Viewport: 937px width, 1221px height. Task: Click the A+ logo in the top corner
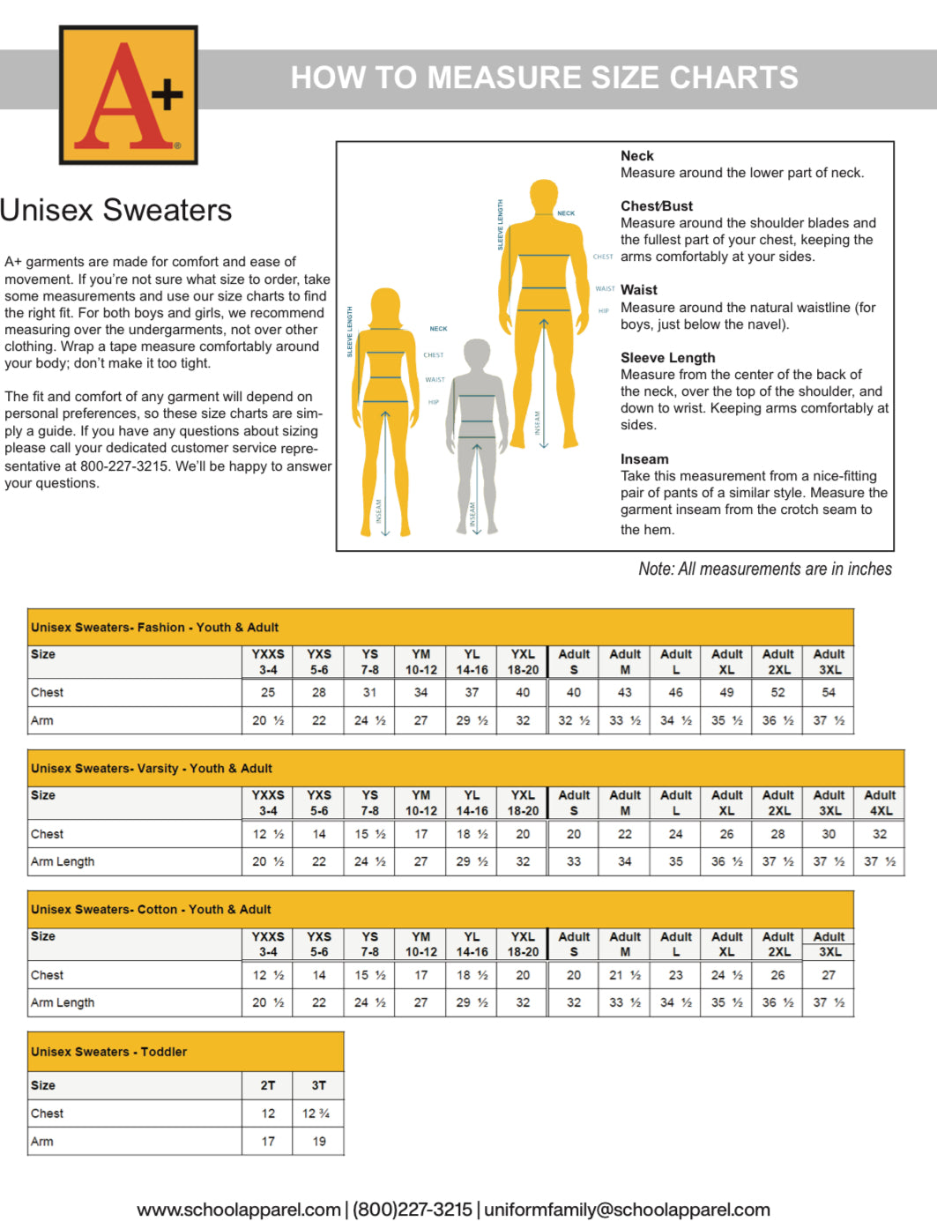(x=128, y=94)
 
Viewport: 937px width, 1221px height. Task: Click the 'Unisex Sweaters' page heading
(x=115, y=211)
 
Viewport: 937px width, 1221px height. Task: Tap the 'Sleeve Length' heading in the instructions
(x=667, y=358)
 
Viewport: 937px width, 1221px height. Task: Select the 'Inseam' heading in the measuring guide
(x=644, y=459)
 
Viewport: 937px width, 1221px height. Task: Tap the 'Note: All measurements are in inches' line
(x=764, y=570)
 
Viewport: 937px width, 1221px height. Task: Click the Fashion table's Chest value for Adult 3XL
(x=829, y=693)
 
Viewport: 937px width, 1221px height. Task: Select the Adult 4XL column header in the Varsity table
(x=880, y=802)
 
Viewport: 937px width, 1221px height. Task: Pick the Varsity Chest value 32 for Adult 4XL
(x=880, y=834)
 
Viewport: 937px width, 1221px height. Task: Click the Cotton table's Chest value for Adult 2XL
(x=777, y=975)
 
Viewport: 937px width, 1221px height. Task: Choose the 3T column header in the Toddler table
(x=318, y=1085)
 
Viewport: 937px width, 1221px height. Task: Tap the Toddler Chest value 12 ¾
(x=316, y=1113)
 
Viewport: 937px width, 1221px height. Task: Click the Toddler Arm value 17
(x=268, y=1142)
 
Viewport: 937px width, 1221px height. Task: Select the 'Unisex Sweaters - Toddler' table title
(x=109, y=1052)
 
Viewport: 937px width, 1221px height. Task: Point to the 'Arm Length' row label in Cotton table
(x=63, y=1002)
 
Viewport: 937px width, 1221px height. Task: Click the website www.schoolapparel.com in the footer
(x=239, y=1210)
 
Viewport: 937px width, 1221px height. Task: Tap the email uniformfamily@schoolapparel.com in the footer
(x=627, y=1210)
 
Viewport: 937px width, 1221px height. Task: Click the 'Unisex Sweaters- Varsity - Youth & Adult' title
(x=152, y=769)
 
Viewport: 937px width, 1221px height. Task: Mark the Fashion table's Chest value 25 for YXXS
(x=268, y=693)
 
